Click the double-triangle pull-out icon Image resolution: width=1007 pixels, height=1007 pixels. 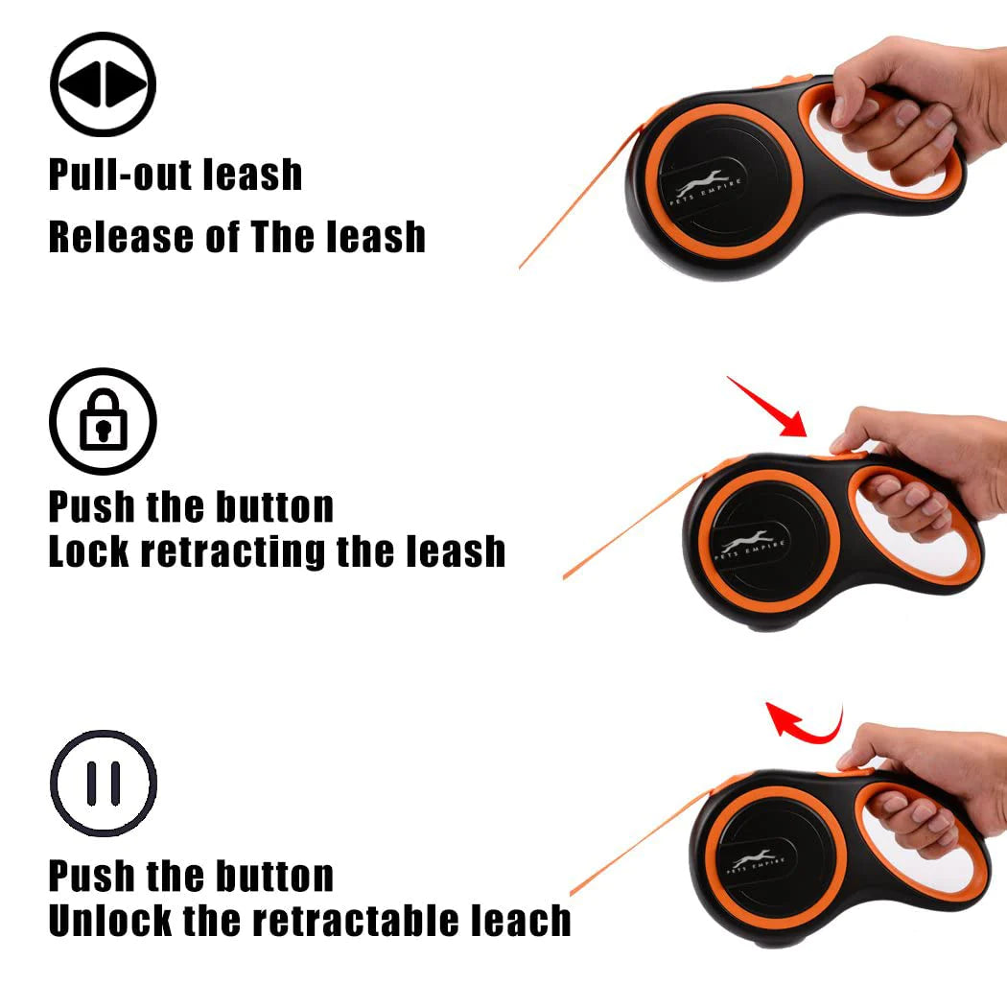tap(103, 86)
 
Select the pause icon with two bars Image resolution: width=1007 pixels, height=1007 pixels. tap(103, 783)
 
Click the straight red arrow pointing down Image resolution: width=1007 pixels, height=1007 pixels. tap(767, 407)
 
